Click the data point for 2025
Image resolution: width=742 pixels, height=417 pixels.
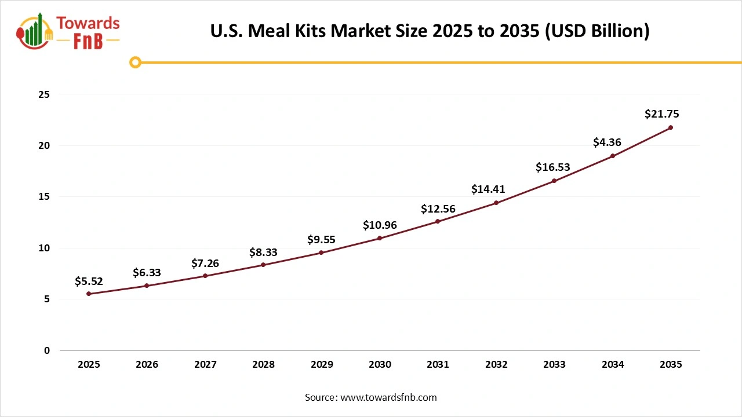tap(89, 294)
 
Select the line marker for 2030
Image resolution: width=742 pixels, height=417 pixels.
tap(380, 238)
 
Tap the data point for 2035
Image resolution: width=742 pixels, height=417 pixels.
tap(671, 127)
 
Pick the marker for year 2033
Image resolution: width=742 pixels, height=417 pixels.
tap(554, 181)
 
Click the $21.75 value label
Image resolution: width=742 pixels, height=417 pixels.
tap(661, 114)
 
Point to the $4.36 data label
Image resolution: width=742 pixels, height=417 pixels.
tap(608, 142)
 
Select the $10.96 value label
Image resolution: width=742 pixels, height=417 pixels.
tap(380, 225)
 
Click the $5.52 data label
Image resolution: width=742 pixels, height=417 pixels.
tap(89, 281)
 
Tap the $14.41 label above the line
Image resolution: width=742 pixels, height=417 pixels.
tap(488, 189)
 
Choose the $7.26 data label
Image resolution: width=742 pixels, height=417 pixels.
tap(205, 264)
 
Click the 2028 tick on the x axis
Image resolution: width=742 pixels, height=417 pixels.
tap(263, 365)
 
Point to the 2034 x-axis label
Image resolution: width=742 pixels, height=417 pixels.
tap(613, 365)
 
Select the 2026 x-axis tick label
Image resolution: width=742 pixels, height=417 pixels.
tap(147, 365)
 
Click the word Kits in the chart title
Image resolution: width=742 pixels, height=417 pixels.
tap(308, 31)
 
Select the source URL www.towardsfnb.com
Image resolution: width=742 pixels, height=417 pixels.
tap(388, 397)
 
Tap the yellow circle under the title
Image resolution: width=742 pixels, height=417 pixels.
tap(135, 62)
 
